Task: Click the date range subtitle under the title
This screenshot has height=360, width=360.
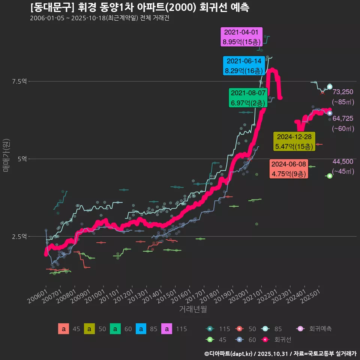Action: point(99,18)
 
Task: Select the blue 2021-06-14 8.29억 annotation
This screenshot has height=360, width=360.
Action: point(244,66)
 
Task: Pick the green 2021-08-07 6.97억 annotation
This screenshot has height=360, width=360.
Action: point(248,97)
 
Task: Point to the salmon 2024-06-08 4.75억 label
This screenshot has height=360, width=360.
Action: point(289,169)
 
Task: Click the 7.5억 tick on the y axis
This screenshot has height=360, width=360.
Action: point(19,81)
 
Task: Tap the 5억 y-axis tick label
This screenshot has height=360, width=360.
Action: point(22,159)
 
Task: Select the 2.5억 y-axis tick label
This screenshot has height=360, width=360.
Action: point(19,237)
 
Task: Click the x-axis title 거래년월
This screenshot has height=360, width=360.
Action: point(193,309)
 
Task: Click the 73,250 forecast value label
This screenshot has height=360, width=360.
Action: point(343,92)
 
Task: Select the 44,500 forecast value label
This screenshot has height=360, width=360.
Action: point(343,162)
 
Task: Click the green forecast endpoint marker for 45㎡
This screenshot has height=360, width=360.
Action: point(330,176)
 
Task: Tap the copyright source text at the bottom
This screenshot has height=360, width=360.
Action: point(280,353)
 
